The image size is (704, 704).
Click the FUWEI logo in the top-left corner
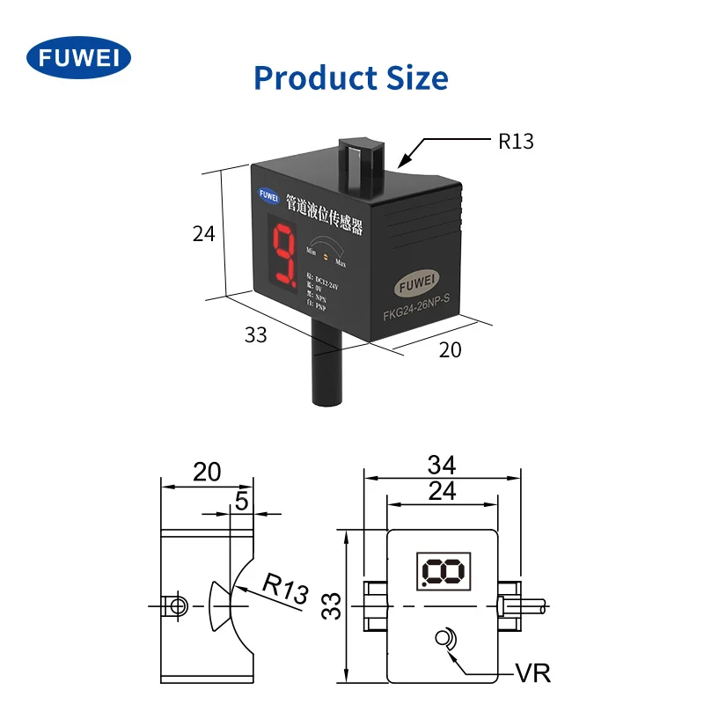[x=79, y=58]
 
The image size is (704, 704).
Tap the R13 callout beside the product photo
[x=516, y=141]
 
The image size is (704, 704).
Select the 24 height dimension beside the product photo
[x=203, y=233]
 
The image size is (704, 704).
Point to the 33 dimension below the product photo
[x=255, y=334]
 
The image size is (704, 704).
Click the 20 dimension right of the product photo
[x=450, y=349]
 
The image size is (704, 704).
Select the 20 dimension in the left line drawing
[x=207, y=472]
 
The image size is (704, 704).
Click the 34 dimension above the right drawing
[x=441, y=464]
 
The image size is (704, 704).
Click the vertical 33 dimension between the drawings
[x=331, y=605]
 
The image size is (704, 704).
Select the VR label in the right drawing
[x=533, y=674]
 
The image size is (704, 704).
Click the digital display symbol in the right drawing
[x=444, y=571]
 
